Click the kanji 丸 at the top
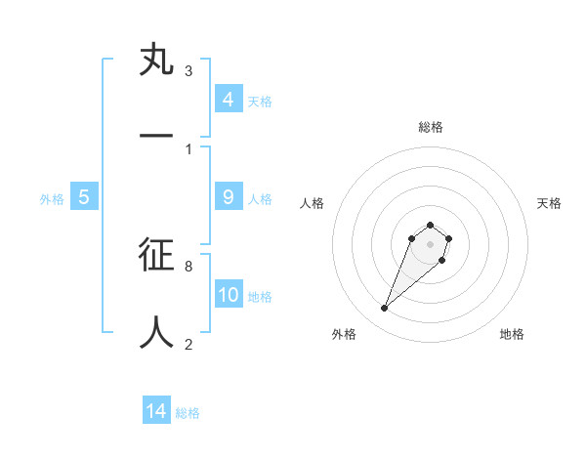click(157, 60)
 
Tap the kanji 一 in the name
click(157, 137)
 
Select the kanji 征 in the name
click(157, 255)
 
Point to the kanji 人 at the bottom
click(157, 332)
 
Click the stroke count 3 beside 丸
click(188, 71)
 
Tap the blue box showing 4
click(229, 100)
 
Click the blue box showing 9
click(229, 197)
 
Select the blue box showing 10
click(229, 295)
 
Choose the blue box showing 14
click(156, 411)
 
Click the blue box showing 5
click(84, 197)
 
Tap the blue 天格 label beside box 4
click(260, 102)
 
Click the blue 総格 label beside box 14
click(188, 413)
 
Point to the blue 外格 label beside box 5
click(52, 199)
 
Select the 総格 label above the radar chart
click(431, 127)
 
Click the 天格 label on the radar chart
click(549, 203)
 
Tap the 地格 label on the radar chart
click(512, 334)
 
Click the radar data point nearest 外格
click(385, 309)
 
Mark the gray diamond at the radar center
click(430, 244)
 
